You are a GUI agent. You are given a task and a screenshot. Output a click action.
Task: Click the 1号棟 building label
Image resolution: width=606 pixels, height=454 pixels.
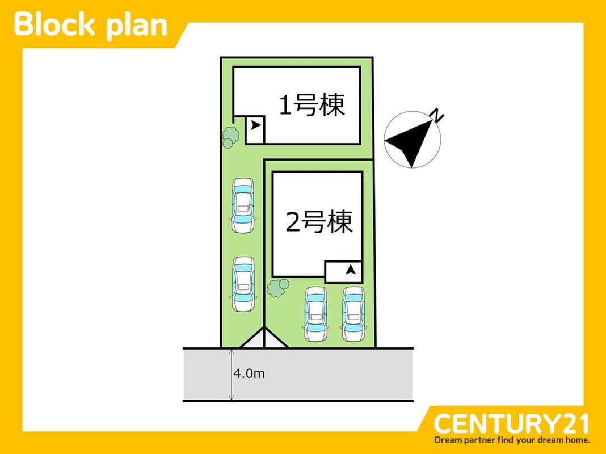pos(312,105)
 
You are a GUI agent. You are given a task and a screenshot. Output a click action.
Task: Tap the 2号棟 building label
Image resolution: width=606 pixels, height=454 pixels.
pos(319,222)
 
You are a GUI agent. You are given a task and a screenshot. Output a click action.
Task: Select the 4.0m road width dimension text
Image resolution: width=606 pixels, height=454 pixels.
pos(249,373)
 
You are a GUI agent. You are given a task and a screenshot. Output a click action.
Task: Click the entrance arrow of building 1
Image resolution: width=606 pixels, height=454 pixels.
pos(255,125)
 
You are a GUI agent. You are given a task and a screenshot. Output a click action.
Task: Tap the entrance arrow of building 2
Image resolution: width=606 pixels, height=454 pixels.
pos(351,269)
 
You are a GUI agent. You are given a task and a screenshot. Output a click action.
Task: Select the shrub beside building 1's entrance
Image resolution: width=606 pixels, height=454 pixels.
pos(230,136)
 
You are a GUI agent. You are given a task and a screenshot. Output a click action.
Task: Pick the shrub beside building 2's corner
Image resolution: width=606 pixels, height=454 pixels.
pos(278,288)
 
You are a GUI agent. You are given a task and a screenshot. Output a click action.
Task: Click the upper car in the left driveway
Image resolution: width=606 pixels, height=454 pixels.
pos(243,205)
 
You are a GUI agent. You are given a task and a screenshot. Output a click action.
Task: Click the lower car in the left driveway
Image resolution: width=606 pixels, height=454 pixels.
pos(243,284)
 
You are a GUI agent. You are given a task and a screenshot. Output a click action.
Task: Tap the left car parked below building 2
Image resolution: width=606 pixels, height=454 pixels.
pos(315,314)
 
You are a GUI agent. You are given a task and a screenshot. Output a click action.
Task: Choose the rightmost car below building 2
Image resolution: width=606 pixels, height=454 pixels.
pos(353,314)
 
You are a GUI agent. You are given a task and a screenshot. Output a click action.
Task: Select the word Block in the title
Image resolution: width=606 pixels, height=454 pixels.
pos(54,25)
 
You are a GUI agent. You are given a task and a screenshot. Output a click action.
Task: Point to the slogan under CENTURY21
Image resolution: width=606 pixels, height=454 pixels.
pos(512,440)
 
